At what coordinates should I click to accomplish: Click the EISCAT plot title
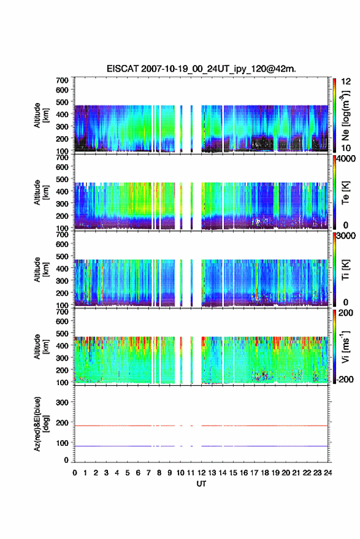coord(201,69)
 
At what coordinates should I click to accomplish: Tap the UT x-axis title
coord(201,484)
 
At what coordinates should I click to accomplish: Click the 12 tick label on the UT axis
coord(201,473)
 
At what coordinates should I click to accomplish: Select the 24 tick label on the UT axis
coord(327,473)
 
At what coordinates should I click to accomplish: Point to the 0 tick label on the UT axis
coord(75,473)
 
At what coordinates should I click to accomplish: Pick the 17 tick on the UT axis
coord(254,473)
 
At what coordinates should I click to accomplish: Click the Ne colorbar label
coord(345,116)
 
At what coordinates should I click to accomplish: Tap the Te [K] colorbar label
coord(345,193)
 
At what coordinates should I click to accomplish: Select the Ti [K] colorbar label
coord(345,270)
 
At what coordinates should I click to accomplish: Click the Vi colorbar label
coord(345,346)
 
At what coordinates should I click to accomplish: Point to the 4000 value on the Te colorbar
coord(346,159)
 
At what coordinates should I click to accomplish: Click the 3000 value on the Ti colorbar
coord(346,236)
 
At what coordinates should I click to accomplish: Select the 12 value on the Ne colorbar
coord(346,82)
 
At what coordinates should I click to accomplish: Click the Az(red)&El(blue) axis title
coord(41,424)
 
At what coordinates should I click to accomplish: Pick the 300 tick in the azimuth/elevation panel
coord(62,402)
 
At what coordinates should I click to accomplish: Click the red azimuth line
coord(201,426)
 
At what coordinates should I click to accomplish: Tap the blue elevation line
coord(201,446)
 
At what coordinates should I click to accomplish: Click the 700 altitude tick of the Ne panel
coord(62,80)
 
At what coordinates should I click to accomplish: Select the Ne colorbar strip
coord(334,115)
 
